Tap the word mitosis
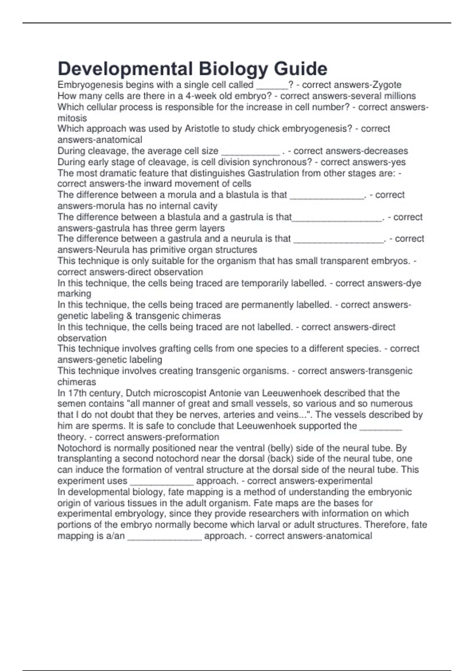click(72, 118)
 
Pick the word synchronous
click(282, 162)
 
